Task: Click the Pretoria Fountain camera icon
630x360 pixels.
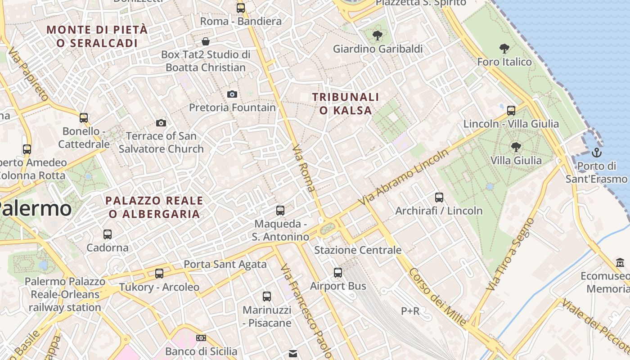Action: [x=232, y=94]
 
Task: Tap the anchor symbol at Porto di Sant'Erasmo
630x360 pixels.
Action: [x=597, y=152]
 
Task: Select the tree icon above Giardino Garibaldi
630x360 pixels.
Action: [x=377, y=35]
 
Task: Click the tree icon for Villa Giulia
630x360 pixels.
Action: [x=516, y=146]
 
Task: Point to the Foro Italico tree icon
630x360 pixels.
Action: [x=504, y=48]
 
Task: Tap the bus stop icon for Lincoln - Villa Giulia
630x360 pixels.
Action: [x=511, y=110]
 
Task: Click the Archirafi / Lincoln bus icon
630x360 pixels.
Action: [x=439, y=197]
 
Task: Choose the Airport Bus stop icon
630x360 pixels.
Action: [x=338, y=272]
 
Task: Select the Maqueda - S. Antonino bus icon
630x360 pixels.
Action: [x=280, y=210]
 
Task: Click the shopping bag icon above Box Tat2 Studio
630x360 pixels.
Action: [x=206, y=41]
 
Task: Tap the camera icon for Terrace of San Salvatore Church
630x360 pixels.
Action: [x=161, y=123]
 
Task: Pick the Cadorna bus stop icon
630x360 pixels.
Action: [x=107, y=234]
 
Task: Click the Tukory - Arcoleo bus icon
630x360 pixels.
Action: [x=159, y=273]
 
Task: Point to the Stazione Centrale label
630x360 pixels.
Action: [x=358, y=250]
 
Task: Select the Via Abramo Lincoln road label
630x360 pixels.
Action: [x=404, y=177]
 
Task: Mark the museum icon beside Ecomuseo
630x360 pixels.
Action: [x=620, y=262]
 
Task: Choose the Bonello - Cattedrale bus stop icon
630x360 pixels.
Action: [x=84, y=118]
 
